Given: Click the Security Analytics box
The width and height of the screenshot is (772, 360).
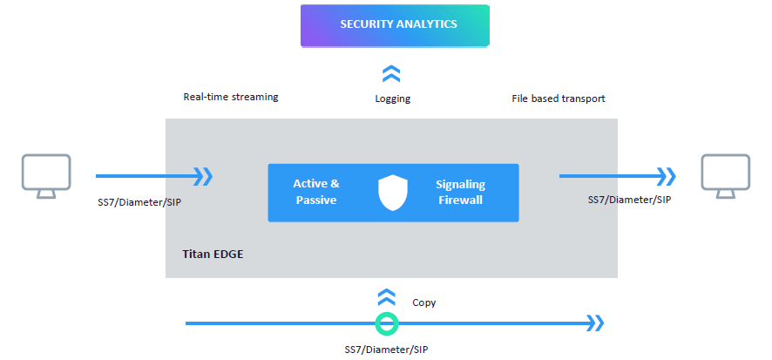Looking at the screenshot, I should (x=395, y=24).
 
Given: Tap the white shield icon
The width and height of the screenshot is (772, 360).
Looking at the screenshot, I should (x=393, y=193).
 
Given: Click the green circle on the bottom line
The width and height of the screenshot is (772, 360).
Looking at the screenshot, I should (x=386, y=324).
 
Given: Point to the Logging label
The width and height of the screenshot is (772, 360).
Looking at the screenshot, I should (x=392, y=98).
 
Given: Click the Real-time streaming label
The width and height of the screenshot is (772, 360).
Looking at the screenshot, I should (x=231, y=97).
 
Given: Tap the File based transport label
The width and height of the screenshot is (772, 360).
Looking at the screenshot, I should (x=558, y=98).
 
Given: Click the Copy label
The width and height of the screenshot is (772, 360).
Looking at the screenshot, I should (x=424, y=302).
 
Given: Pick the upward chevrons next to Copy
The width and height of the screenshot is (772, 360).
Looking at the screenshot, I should (x=386, y=297).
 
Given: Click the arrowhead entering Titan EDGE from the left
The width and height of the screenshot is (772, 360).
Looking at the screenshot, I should (x=202, y=177).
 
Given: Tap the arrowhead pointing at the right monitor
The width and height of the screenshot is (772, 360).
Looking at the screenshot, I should (x=666, y=177).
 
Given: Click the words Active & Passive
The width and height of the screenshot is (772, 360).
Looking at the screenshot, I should (x=315, y=192).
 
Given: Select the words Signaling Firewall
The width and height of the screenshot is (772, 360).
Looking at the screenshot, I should (x=460, y=192).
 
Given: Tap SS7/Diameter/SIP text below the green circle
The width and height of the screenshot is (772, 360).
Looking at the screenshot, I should (x=386, y=349).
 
